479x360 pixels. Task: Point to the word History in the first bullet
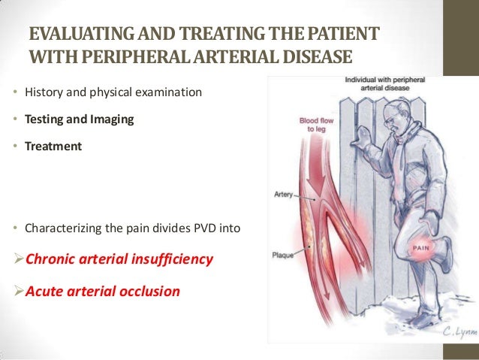(44, 92)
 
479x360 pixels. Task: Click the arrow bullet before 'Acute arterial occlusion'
(20, 291)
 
